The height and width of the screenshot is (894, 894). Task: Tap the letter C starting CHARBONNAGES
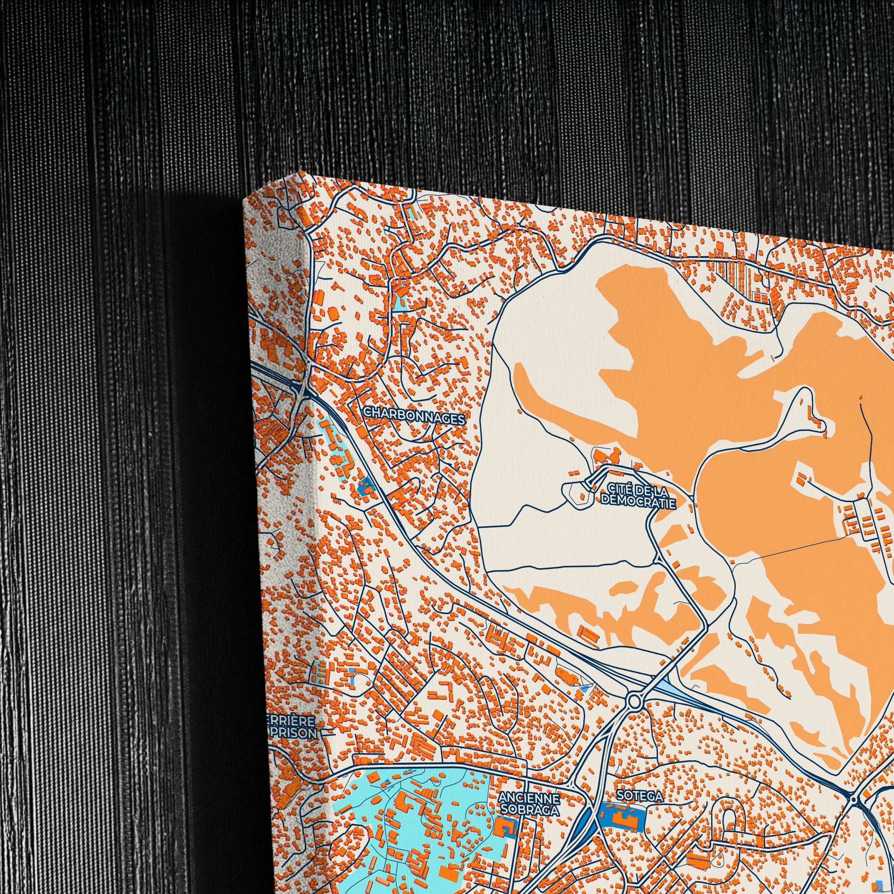(x=367, y=411)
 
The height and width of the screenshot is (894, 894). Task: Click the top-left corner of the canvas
(x=244, y=203)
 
